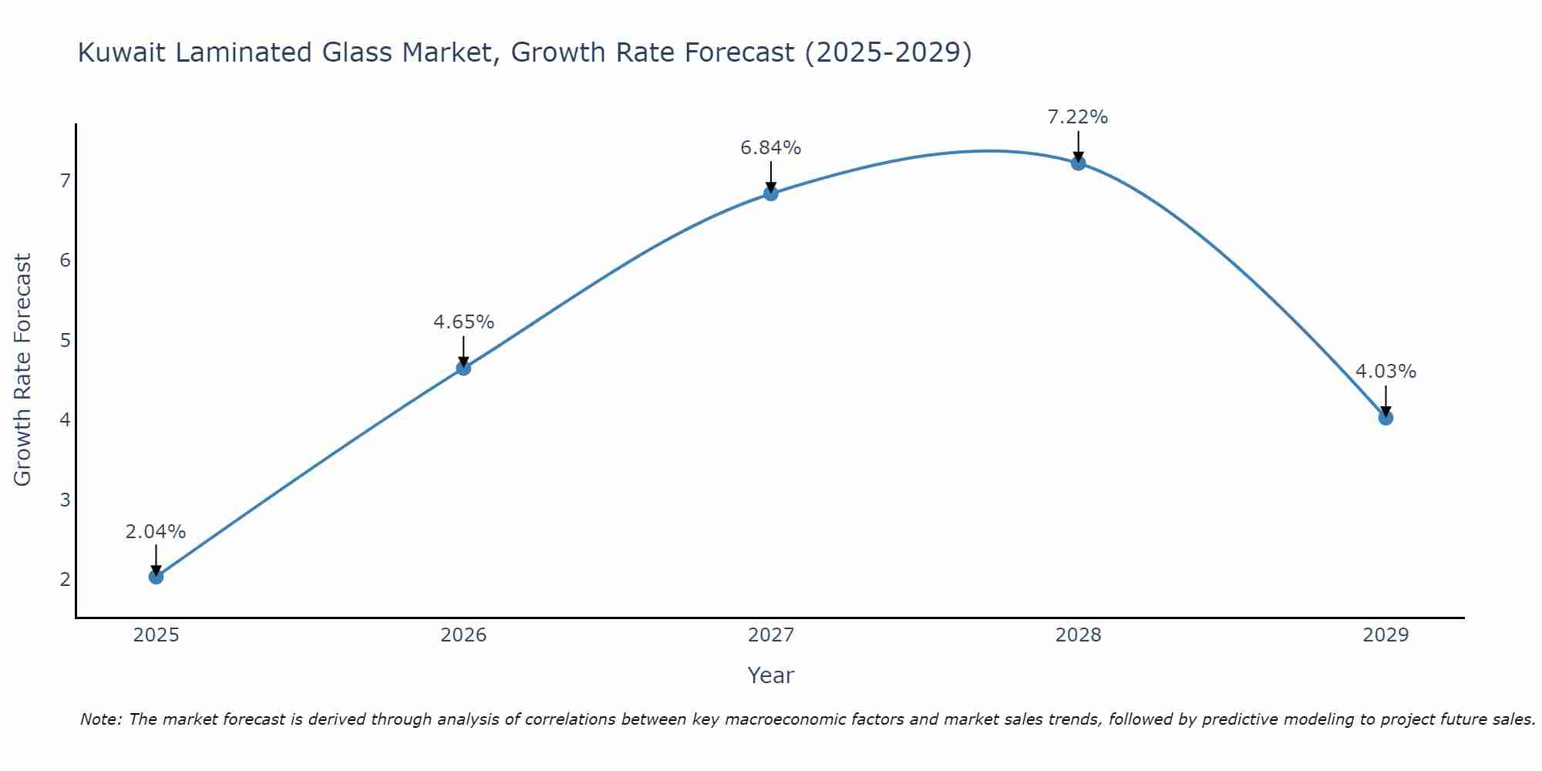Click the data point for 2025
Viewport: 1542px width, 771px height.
156,576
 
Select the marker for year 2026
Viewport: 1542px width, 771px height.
463,368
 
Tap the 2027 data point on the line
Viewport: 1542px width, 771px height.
771,194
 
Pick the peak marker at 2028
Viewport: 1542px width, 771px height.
1078,163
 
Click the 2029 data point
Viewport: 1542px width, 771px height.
1385,418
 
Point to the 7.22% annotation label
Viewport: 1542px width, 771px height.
1078,117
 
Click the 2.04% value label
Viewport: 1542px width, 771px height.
156,531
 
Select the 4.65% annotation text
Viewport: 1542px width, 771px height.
463,322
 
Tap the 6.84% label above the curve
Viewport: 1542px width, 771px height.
771,147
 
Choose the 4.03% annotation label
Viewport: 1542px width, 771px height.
1385,371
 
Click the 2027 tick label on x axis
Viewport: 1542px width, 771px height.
771,635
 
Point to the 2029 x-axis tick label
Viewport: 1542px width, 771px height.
1385,635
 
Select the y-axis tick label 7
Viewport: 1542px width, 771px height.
66,180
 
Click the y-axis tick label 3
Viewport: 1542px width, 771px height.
66,500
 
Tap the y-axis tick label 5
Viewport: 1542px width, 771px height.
66,340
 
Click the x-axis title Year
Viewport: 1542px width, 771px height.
771,675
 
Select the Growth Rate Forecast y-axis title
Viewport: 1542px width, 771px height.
23,370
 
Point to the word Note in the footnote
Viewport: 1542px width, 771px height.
100,719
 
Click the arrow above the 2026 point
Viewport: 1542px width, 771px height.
463,351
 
